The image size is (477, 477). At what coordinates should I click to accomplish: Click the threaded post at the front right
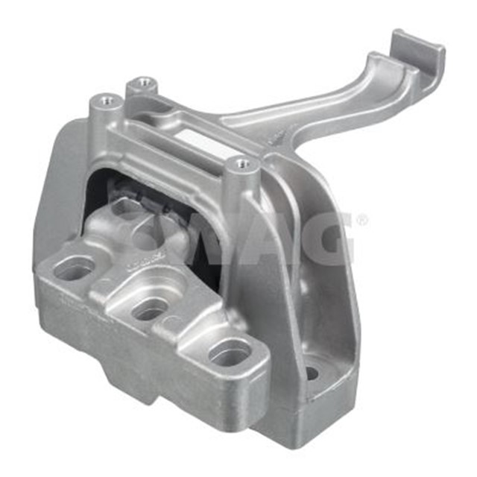click(241, 163)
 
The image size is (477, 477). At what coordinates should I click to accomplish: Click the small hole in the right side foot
click(312, 373)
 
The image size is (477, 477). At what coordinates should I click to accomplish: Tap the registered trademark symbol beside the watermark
click(361, 221)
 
